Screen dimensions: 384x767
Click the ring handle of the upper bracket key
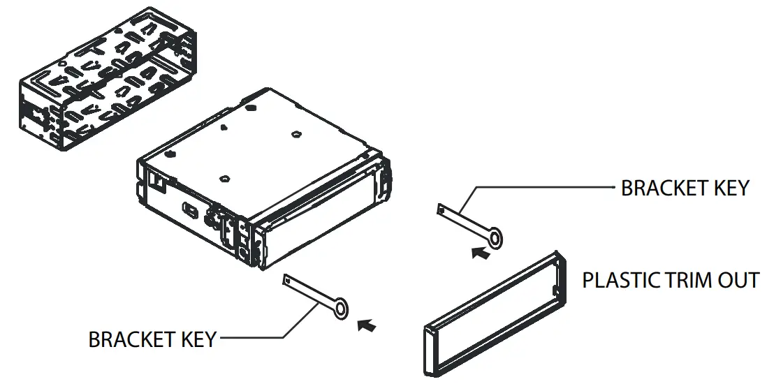pyautogui.click(x=495, y=239)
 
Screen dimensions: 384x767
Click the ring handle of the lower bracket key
pyautogui.click(x=340, y=308)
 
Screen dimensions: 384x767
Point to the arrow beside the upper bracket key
pyautogui.click(x=480, y=253)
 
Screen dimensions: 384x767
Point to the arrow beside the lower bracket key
pyautogui.click(x=366, y=325)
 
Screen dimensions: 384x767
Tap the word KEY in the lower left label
pyautogui.click(x=196, y=340)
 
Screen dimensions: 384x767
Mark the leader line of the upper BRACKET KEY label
pyautogui.click(x=545, y=187)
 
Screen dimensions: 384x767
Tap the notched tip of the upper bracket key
pyautogui.click(x=441, y=208)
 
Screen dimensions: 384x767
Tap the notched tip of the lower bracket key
pyautogui.click(x=286, y=279)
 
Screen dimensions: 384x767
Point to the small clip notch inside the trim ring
pyautogui.click(x=554, y=288)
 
